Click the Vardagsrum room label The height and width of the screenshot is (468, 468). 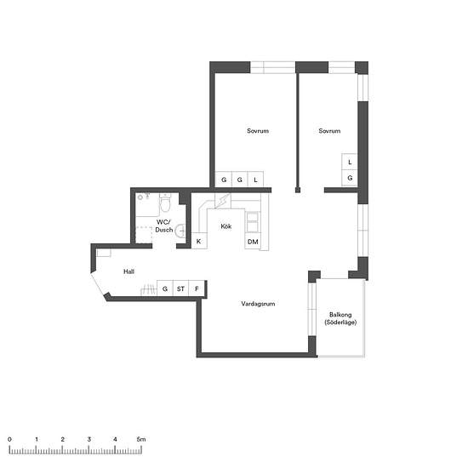coord(258,304)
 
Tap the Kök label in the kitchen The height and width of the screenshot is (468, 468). coord(226,226)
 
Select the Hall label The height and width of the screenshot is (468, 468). coord(128,271)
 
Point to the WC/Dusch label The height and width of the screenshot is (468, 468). coord(164,226)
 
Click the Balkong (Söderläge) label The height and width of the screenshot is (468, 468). coord(340,318)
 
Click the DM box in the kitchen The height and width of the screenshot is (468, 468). coord(253,242)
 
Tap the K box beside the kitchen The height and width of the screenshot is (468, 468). coord(199,241)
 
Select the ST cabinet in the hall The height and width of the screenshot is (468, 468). coord(180,288)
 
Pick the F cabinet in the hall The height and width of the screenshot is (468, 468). coord(197,288)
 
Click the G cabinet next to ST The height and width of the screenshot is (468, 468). coord(165,288)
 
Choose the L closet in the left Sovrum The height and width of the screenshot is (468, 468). coord(255,180)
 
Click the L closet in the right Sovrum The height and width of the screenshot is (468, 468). coord(350,162)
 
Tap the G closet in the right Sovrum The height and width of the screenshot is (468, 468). coord(350,178)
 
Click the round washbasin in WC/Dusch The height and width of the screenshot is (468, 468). coord(180,231)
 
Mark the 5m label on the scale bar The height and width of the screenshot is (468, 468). coord(141,439)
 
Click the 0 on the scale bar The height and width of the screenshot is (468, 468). coord(9,439)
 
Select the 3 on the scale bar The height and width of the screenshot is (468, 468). coord(89,439)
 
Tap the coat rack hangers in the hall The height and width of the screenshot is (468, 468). coord(148,289)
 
